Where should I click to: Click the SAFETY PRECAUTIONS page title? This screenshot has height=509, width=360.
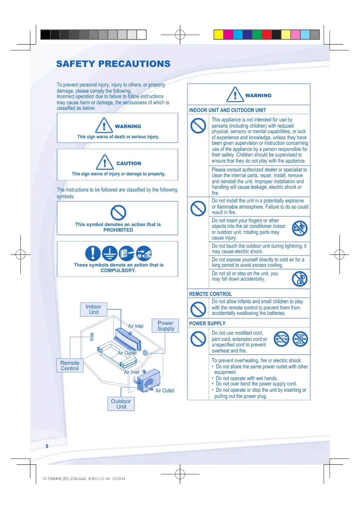pyautogui.click(x=113, y=64)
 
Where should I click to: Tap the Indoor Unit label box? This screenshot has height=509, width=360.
pyautogui.click(x=93, y=309)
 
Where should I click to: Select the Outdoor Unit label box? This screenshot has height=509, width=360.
pyautogui.click(x=121, y=404)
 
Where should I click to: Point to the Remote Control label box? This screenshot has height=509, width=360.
pyautogui.click(x=70, y=366)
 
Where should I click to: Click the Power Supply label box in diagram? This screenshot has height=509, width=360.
pyautogui.click(x=165, y=326)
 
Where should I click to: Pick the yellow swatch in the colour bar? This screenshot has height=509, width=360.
pyautogui.click(x=218, y=35)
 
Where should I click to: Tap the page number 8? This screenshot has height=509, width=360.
pyautogui.click(x=47, y=446)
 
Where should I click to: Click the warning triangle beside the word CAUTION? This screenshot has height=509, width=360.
pyautogui.click(x=105, y=162)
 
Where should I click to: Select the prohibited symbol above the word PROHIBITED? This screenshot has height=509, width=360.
pyautogui.click(x=118, y=213)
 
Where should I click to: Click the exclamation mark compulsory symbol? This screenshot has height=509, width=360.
pyautogui.click(x=93, y=253)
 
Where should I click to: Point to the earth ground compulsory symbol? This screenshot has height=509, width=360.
pyautogui.click(x=110, y=253)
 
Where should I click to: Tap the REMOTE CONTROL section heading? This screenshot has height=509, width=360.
pyautogui.click(x=210, y=294)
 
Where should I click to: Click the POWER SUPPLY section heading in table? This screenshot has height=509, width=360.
pyautogui.click(x=207, y=323)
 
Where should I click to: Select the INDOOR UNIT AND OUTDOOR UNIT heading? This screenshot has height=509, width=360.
pyautogui.click(x=227, y=110)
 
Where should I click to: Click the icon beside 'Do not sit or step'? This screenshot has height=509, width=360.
pyautogui.click(x=300, y=279)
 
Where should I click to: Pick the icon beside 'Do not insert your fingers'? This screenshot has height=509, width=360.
pyautogui.click(x=300, y=228)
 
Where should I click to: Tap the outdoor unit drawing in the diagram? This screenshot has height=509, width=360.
pyautogui.click(x=149, y=381)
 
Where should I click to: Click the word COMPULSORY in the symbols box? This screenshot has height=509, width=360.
pyautogui.click(x=118, y=270)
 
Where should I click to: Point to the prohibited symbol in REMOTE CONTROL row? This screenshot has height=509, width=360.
pyautogui.click(x=198, y=309)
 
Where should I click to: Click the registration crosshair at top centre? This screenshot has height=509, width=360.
pyautogui.click(x=180, y=35)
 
